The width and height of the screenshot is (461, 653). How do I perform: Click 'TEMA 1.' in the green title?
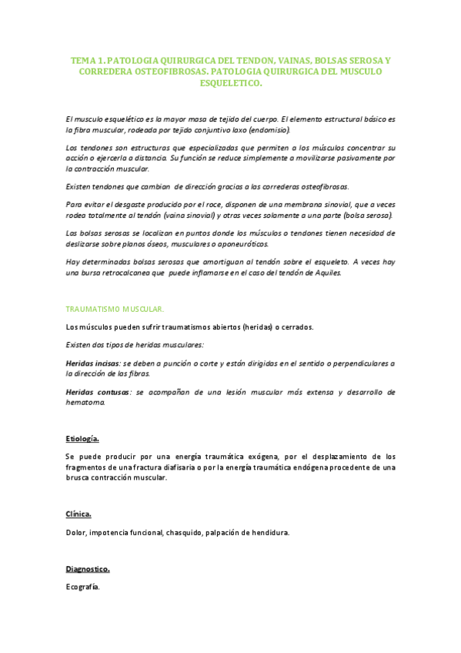(87, 59)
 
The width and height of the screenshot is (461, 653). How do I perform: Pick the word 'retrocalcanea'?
(114, 273)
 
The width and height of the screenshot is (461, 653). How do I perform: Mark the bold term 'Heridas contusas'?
(96, 392)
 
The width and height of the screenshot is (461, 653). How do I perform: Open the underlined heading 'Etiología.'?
(82, 438)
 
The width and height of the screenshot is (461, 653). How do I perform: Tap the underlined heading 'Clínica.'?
(79, 513)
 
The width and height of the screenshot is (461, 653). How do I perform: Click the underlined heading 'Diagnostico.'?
(88, 569)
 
